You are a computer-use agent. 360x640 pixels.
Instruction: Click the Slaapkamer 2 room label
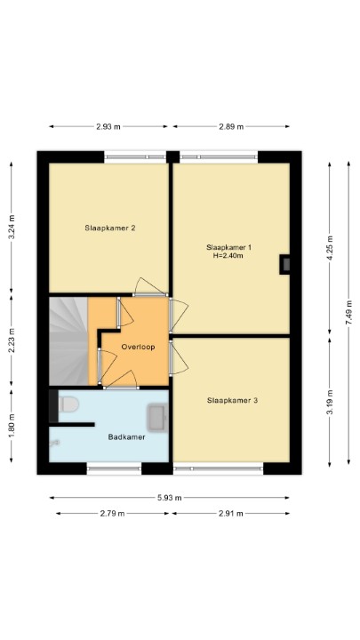110,228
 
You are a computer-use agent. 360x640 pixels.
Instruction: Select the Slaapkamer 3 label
232,400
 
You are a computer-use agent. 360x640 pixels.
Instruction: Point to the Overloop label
138,347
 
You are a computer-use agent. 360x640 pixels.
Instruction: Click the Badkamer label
126,437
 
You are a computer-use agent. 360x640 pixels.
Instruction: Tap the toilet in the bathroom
68,405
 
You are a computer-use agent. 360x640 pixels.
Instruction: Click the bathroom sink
157,417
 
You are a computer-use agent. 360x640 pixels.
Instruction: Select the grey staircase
68,341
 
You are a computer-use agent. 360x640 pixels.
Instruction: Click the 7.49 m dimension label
348,312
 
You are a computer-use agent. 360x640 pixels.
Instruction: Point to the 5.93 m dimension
170,498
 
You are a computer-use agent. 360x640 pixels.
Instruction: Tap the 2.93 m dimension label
108,126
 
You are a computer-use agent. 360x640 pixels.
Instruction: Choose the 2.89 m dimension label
231,126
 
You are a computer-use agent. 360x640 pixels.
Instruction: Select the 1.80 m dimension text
12,426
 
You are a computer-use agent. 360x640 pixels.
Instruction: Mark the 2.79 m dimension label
112,514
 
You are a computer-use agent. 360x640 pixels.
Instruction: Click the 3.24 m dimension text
12,227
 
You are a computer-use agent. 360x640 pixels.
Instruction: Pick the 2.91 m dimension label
230,514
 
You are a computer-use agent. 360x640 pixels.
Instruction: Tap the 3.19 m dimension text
330,403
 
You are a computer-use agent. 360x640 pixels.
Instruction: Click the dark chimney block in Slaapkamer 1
284,265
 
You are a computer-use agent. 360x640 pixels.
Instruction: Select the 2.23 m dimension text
12,340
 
